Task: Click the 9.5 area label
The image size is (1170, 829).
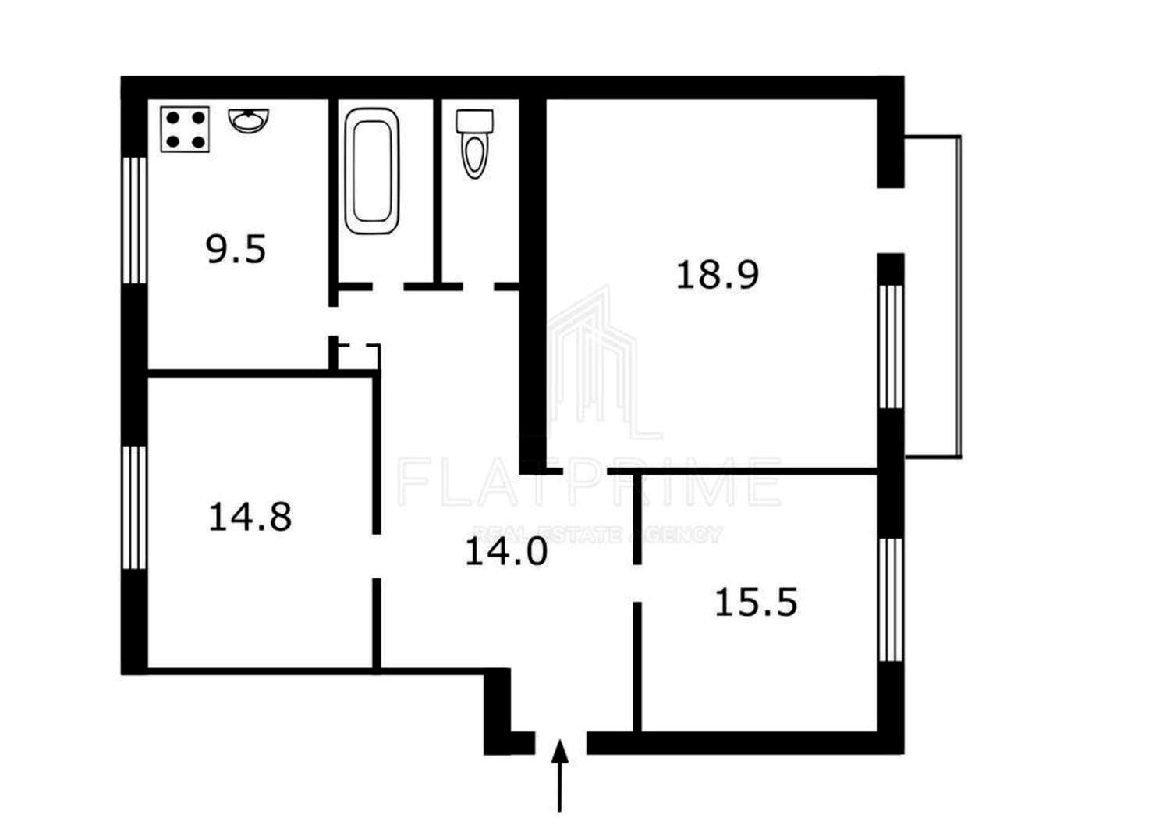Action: pyautogui.click(x=236, y=249)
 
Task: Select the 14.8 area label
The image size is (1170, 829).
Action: pyautogui.click(x=250, y=517)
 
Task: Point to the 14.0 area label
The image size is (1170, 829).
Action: pyautogui.click(x=506, y=551)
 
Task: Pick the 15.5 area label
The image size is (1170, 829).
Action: pyautogui.click(x=757, y=602)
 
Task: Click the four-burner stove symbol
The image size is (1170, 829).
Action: pyautogui.click(x=185, y=130)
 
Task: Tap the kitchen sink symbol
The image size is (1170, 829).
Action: pyautogui.click(x=249, y=120)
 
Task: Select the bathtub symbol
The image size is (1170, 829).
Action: pyautogui.click(x=372, y=171)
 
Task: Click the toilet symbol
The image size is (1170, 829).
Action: pyautogui.click(x=474, y=144)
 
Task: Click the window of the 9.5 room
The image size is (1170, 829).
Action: pyautogui.click(x=135, y=221)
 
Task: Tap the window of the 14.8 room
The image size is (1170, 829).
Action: pyautogui.click(x=135, y=507)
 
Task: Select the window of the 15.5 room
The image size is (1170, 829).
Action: pyautogui.click(x=891, y=600)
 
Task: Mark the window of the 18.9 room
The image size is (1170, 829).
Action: pyautogui.click(x=891, y=347)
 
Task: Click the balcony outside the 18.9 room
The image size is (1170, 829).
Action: pyautogui.click(x=933, y=297)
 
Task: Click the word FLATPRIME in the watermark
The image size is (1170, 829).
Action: pyautogui.click(x=589, y=482)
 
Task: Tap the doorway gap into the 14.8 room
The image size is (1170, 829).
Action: pyautogui.click(x=376, y=556)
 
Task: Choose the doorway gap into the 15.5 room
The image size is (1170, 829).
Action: pyautogui.click(x=637, y=583)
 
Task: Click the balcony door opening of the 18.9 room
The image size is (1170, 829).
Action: pyautogui.click(x=891, y=221)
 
